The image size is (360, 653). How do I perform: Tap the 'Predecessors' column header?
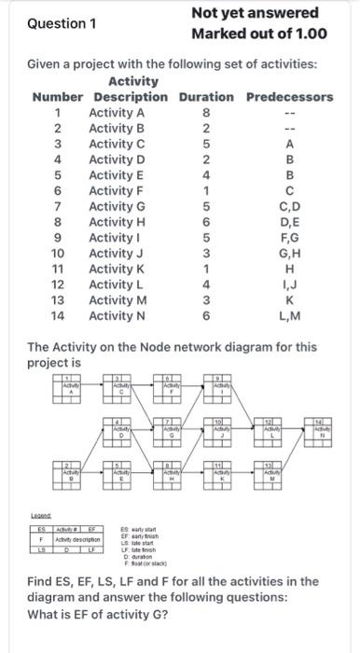[289, 97]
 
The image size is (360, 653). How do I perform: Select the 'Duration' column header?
[206, 97]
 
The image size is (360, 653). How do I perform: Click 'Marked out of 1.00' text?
[258, 35]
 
